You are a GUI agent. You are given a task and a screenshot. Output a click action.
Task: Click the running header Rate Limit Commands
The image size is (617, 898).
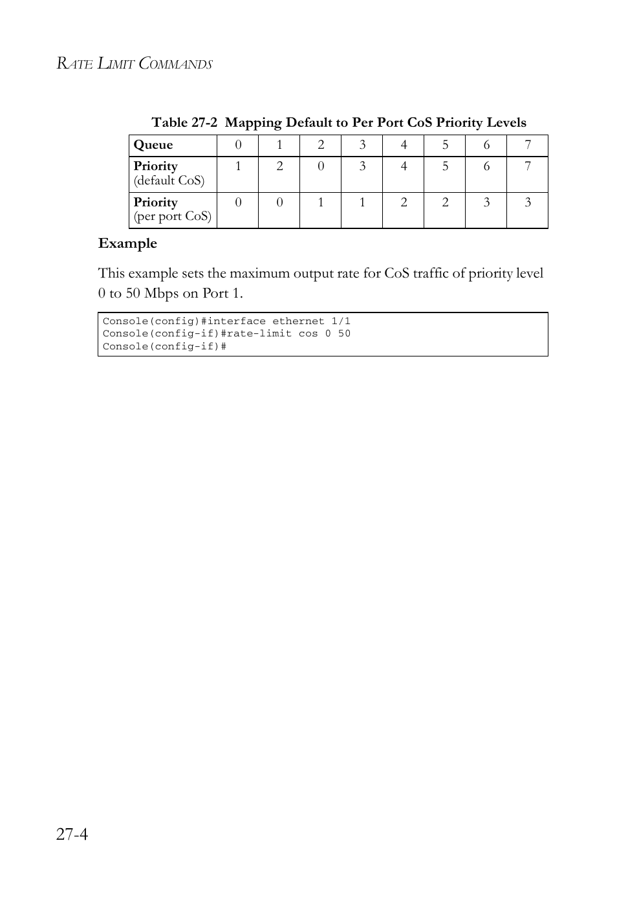pos(135,63)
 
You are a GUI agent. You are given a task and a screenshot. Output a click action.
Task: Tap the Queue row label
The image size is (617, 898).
pos(153,145)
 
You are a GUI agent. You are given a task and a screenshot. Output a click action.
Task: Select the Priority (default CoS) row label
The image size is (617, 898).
pos(169,173)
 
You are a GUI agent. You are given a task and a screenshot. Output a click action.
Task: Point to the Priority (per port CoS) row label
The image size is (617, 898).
pos(172,210)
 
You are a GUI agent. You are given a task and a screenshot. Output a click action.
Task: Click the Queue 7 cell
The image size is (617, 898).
pos(528,145)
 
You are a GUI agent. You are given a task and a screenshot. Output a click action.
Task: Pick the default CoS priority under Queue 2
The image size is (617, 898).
pos(321,166)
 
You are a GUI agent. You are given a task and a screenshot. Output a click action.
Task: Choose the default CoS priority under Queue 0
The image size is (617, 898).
pos(238,166)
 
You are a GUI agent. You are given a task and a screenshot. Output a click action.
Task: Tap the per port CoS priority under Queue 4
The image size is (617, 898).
pos(404,203)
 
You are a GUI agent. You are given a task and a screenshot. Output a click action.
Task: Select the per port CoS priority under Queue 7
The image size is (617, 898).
pos(528,203)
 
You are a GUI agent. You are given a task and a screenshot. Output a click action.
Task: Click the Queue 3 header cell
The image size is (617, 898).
pos(362,145)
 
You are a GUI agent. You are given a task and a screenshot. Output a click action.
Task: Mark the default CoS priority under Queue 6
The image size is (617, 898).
pos(486,166)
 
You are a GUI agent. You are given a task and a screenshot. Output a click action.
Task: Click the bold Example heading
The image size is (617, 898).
pos(127,243)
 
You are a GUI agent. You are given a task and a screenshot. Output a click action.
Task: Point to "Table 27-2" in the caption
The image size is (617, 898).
pos(184,122)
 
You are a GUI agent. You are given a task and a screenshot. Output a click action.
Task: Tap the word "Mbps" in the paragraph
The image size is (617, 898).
pos(161,293)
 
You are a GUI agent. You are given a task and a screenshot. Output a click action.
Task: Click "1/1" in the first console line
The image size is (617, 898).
pos(341,321)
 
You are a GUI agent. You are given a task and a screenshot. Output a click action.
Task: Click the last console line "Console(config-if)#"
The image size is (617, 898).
pos(164,346)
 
